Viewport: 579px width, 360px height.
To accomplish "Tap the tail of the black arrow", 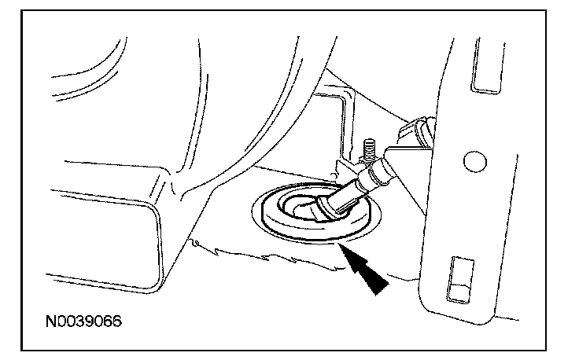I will coord(379,285).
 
